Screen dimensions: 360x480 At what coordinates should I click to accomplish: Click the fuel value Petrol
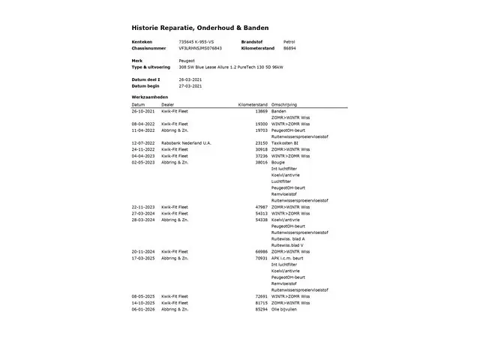coord(289,41)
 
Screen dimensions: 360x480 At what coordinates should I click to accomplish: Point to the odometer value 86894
coord(289,47)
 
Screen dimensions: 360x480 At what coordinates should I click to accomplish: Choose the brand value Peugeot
coord(186,61)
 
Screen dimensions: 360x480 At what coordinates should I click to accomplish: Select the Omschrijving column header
coord(285,104)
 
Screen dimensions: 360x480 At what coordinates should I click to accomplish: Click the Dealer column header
coord(167,104)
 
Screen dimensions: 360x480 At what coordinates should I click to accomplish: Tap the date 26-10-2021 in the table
coord(142,111)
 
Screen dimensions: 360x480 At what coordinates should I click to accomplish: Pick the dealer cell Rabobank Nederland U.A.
coord(187,142)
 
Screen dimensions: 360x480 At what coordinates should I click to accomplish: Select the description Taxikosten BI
coord(285,142)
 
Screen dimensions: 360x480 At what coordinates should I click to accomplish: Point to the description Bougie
coord(277,162)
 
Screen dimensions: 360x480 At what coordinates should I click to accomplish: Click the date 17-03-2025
coord(142,258)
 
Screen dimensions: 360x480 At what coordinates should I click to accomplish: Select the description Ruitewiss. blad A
coord(289,238)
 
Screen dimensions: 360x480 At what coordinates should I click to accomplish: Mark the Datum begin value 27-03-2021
coord(190,85)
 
